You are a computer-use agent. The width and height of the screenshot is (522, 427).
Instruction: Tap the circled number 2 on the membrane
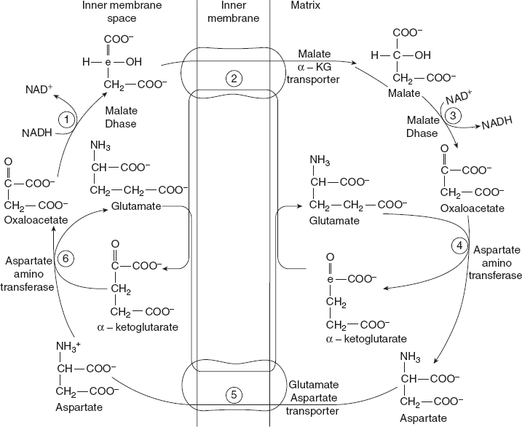point(231,79)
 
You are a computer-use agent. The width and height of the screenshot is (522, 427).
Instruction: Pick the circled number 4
point(459,246)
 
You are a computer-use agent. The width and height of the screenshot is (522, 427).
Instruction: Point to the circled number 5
point(231,395)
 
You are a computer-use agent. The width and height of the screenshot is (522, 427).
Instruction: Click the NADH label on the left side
point(36,133)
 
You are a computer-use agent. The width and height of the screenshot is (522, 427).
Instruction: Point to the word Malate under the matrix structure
point(404,94)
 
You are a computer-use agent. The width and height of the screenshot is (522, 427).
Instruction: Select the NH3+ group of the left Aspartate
point(71,345)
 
